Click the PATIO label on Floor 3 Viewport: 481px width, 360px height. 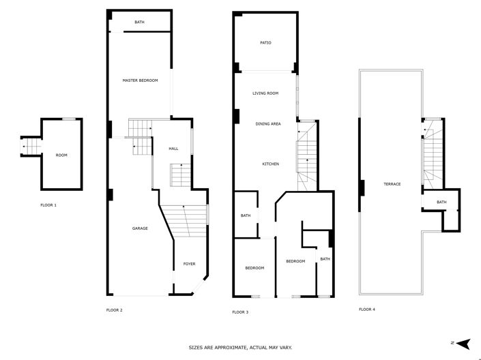(265, 43)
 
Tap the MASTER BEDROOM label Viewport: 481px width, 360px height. (140, 80)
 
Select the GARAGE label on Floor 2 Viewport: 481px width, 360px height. (140, 228)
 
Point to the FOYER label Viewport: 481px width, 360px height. (188, 264)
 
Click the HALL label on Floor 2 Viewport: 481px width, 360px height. (173, 149)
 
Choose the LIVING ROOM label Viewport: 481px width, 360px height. (265, 93)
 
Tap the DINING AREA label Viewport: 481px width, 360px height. (268, 124)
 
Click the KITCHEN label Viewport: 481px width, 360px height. (271, 164)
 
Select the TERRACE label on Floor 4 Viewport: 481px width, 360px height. (392, 184)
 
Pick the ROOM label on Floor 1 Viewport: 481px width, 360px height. (61, 155)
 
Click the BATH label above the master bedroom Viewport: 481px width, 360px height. (139, 22)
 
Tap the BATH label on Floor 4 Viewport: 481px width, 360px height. (441, 202)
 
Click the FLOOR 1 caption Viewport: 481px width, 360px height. (48, 205)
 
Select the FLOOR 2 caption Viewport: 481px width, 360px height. (114, 310)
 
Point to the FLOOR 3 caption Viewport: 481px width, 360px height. (240, 312)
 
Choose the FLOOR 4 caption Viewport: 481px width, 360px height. (367, 310)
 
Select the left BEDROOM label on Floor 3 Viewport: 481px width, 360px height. (254, 268)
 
